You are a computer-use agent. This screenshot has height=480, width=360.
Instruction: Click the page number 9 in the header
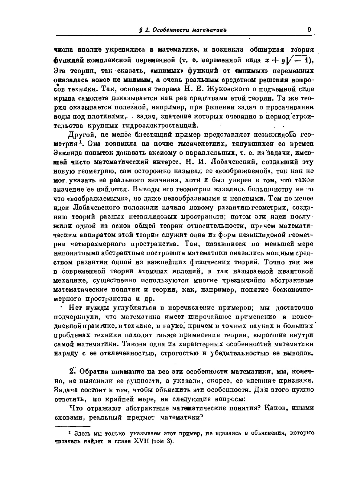pyautogui.click(x=309, y=30)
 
